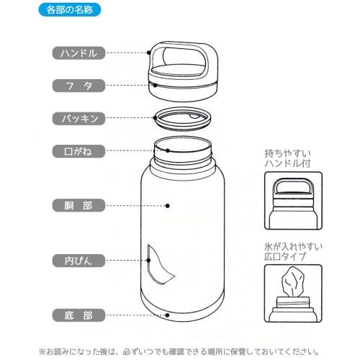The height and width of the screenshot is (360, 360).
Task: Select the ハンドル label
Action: click(x=80, y=53)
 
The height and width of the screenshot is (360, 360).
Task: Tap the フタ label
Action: click(x=80, y=85)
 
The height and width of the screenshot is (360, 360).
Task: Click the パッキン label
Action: click(x=80, y=117)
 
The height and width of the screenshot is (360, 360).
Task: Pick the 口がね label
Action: click(x=80, y=151)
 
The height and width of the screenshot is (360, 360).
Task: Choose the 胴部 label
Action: click(x=80, y=206)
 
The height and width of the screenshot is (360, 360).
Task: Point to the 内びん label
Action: click(x=80, y=260)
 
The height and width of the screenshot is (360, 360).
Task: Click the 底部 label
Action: click(x=80, y=315)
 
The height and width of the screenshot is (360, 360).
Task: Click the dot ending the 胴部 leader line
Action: click(x=167, y=206)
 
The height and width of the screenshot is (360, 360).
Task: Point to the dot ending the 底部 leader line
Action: click(x=167, y=315)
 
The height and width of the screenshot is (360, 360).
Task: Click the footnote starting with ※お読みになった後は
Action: click(x=180, y=352)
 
